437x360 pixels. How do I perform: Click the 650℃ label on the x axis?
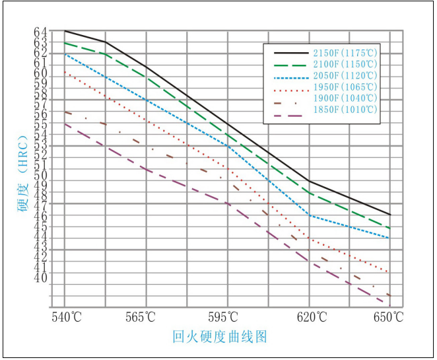389,318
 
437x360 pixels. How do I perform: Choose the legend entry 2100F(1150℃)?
346,64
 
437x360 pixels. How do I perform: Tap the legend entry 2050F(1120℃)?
346,75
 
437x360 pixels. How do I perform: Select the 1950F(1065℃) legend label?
346,87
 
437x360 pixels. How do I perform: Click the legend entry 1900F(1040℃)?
346,98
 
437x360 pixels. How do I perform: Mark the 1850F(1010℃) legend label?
346,109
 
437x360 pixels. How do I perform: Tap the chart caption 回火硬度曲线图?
220,337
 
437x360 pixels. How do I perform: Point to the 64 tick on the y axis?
40,32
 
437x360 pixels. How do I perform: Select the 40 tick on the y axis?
40,278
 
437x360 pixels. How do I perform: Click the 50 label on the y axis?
40,176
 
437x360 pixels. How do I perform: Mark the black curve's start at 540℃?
65,31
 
